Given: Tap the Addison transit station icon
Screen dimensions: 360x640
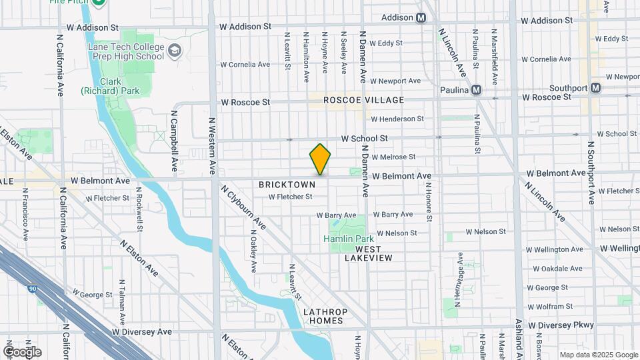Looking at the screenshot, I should [x=421, y=18].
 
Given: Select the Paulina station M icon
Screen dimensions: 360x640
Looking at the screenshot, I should [x=476, y=89].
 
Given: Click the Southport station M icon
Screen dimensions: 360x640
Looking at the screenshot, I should [x=595, y=87].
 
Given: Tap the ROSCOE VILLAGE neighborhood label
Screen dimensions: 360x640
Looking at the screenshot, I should [x=363, y=100].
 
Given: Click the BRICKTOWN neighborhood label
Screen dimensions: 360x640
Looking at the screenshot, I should [x=287, y=184].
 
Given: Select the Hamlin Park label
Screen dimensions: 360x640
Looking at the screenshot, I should [x=348, y=239].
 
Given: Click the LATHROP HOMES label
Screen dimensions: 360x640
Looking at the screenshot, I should [x=323, y=316].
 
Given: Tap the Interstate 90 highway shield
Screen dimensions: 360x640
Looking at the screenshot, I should [x=32, y=270].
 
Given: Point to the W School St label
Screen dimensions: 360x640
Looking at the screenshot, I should [x=364, y=139].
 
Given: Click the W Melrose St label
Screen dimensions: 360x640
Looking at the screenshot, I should [x=393, y=157].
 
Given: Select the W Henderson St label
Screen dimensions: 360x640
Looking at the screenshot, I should [x=397, y=119].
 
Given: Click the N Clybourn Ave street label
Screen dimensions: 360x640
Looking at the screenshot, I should [x=244, y=207].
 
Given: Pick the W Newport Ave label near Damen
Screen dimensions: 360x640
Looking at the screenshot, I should [x=395, y=81].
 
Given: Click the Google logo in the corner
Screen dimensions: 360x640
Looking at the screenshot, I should [x=21, y=351].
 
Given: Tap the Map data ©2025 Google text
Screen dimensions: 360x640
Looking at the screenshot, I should [x=598, y=355].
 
